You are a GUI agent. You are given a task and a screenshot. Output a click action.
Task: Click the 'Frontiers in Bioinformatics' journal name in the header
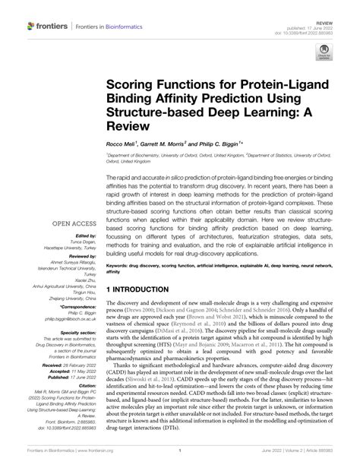[x=109, y=27]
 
